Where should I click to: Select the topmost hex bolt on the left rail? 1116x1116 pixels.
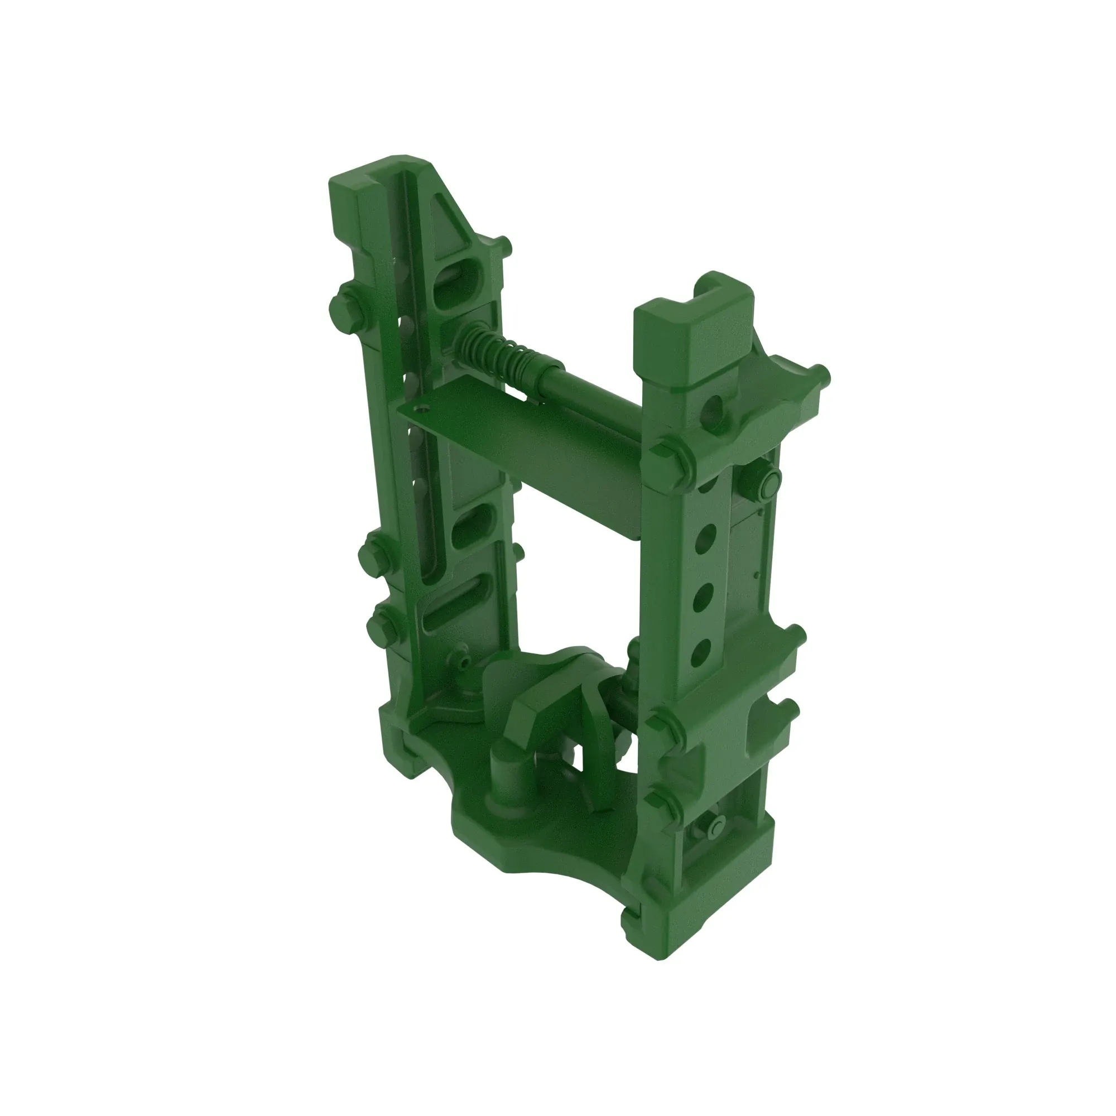pos(345,309)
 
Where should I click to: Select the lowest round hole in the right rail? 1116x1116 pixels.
pos(700,652)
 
